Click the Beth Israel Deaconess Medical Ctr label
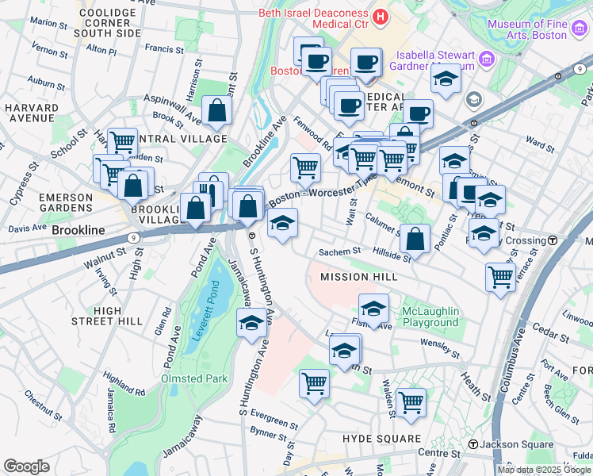coord(316,21)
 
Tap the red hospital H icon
coord(381,15)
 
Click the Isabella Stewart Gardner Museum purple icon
coord(487,59)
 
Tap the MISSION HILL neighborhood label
coord(355,277)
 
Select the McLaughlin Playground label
coord(430,317)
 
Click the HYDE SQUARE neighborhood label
coord(381,439)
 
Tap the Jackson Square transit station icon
coord(473,444)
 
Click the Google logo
coord(26,466)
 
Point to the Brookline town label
coord(78,229)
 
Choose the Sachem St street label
coord(339,251)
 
